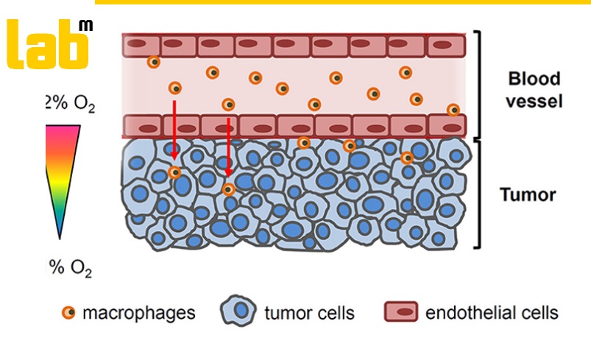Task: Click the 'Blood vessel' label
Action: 535,90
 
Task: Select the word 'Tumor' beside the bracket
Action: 527,196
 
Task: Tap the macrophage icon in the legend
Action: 68,313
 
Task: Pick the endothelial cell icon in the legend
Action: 401,312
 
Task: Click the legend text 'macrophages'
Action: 139,313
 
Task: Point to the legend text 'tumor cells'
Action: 309,313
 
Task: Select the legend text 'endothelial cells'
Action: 492,313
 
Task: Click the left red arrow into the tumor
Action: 174,130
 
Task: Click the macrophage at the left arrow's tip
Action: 174,172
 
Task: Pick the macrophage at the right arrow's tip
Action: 229,189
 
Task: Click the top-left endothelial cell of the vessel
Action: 141,45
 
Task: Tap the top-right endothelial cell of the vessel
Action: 445,45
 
